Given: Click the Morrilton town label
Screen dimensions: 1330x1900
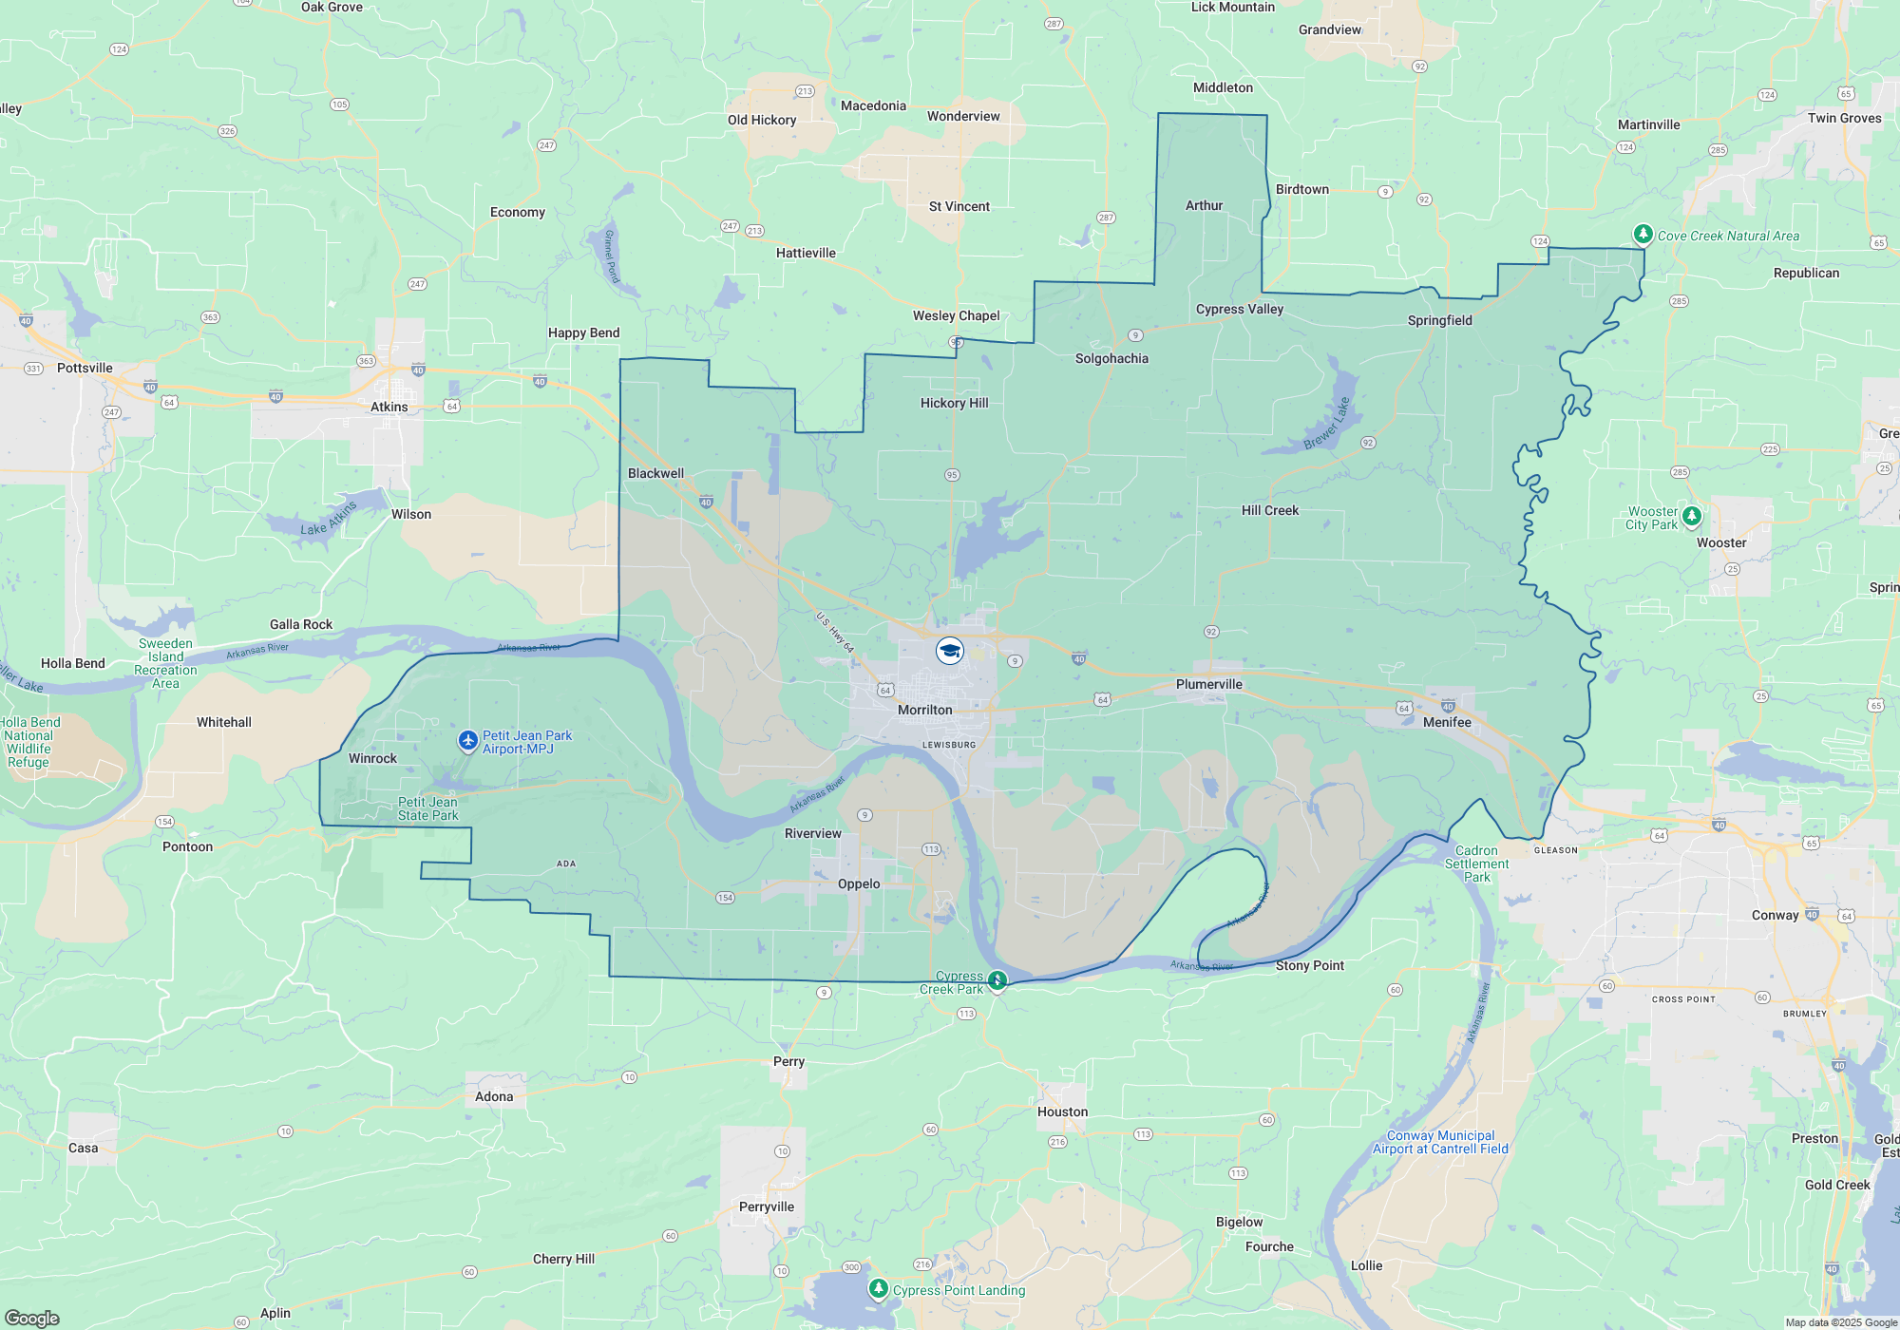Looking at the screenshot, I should (x=924, y=710).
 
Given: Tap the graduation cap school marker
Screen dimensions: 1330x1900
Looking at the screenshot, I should (x=950, y=651).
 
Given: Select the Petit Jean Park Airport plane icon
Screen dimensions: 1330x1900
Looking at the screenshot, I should (x=467, y=740).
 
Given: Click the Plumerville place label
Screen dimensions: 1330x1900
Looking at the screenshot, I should (x=1208, y=684).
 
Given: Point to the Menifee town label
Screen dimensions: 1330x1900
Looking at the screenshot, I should (x=1447, y=722).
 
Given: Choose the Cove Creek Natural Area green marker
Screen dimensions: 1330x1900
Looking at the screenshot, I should (x=1643, y=234).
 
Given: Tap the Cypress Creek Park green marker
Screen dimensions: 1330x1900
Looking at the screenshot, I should (x=997, y=979).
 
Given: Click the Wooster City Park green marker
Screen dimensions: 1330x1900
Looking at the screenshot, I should (x=1692, y=516).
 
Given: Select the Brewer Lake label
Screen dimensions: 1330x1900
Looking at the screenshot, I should (x=1327, y=424).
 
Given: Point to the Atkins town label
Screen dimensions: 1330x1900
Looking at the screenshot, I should (x=389, y=407).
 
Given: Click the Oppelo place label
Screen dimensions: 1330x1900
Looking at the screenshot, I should (x=859, y=883).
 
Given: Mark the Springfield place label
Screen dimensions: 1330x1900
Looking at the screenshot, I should (x=1439, y=320).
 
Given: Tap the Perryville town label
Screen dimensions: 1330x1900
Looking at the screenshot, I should (x=766, y=1206).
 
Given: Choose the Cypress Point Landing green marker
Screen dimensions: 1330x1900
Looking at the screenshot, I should (x=879, y=1288).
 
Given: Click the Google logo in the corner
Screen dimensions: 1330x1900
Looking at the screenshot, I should (x=32, y=1318).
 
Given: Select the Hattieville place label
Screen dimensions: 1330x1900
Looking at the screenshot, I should (x=806, y=253).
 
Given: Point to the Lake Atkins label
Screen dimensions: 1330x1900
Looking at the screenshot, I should (x=329, y=519).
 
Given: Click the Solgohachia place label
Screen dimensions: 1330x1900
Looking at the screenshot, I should (x=1111, y=358).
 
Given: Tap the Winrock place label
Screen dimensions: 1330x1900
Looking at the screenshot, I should (x=372, y=758).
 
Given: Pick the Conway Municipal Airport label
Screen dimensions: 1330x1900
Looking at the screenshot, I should (x=1440, y=1142).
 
